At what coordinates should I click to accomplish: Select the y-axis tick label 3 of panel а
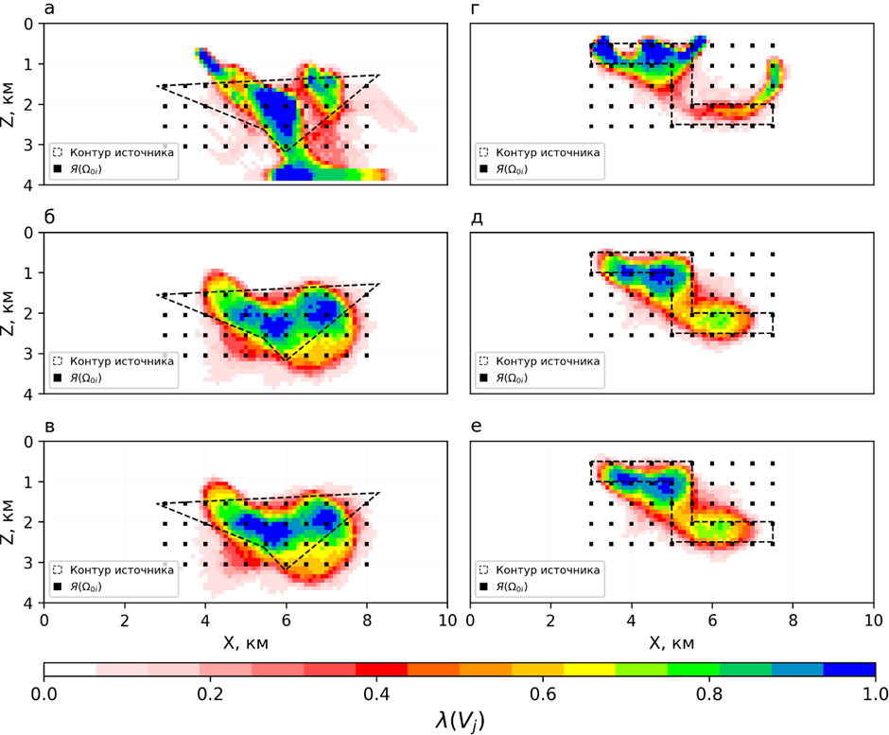[x=30, y=144]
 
